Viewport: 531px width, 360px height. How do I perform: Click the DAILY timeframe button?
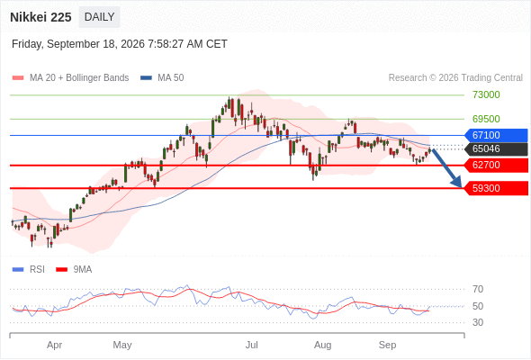(x=99, y=17)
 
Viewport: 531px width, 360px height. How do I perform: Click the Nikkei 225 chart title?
(x=40, y=17)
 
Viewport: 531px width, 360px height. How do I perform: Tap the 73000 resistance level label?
(x=486, y=94)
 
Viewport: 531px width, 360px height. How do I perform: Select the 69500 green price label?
(x=486, y=119)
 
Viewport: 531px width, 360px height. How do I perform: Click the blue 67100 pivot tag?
(x=496, y=135)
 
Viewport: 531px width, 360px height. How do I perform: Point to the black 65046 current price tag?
(x=496, y=148)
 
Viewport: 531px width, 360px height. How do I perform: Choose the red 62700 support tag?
(x=496, y=165)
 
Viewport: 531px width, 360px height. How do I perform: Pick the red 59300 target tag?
(x=496, y=188)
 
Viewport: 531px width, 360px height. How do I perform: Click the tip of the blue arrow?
(x=461, y=187)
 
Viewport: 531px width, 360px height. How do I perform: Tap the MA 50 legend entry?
(x=162, y=78)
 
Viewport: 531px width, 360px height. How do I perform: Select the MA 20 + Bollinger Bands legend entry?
(x=70, y=78)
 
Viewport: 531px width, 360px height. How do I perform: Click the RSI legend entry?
(x=29, y=269)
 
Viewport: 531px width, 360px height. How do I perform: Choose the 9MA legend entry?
(x=74, y=269)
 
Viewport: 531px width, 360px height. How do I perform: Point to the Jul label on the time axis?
(x=252, y=345)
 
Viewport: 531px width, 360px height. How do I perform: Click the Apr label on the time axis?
(x=55, y=345)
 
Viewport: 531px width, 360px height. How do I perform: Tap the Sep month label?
(x=387, y=345)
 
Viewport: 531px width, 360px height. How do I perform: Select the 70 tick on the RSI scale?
(x=478, y=289)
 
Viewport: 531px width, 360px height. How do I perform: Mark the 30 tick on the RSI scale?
(x=478, y=322)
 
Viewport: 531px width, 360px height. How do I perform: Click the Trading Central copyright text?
(x=455, y=78)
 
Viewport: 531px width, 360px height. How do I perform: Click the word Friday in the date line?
(x=27, y=44)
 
